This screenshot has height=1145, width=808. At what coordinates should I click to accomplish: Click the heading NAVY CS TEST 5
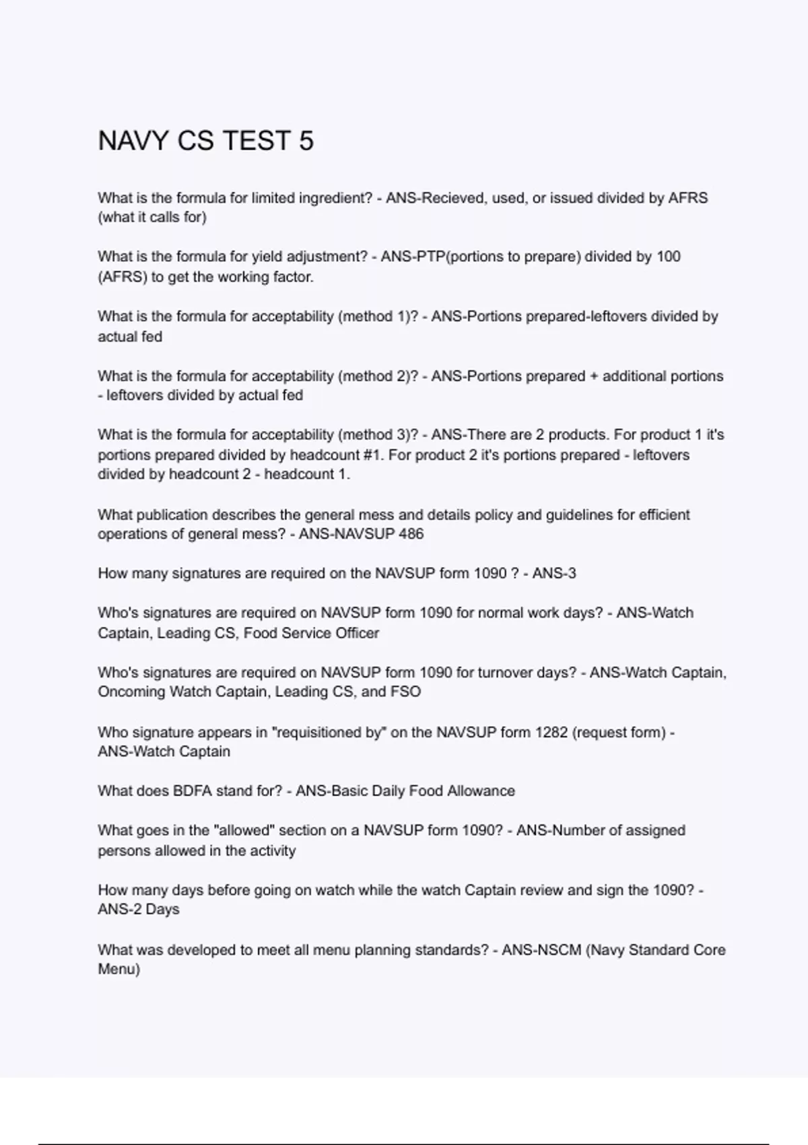point(205,141)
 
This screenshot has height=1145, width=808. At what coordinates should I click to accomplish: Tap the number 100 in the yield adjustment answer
point(668,257)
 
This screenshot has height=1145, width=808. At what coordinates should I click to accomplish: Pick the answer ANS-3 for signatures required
point(554,574)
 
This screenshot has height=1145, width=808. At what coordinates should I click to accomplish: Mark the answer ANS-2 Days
point(139,909)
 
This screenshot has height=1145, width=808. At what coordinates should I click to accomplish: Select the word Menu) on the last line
point(119,969)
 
